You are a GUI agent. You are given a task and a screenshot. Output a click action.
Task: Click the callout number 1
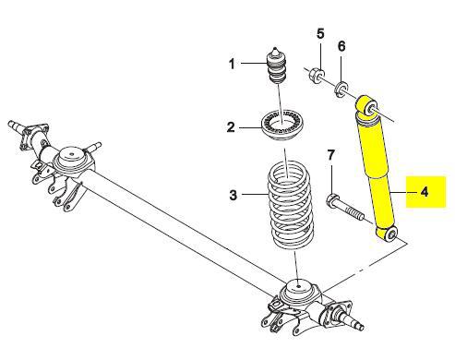232,64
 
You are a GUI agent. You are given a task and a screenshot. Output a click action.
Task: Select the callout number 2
231,127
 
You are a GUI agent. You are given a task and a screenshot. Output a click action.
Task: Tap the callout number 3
233,195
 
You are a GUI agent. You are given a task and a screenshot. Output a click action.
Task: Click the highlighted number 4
425,192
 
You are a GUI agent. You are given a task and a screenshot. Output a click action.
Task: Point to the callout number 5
320,34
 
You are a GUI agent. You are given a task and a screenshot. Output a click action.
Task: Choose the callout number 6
341,46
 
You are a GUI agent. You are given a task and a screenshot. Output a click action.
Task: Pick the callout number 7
330,155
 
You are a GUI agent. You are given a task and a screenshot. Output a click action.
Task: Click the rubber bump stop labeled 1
275,66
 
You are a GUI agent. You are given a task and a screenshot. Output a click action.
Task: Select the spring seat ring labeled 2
282,126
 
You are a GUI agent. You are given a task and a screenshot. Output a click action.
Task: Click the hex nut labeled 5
317,74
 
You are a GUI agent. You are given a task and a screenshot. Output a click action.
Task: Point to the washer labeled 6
341,88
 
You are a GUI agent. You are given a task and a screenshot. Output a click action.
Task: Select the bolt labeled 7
344,208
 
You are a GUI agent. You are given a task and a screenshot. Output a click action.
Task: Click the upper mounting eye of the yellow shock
367,108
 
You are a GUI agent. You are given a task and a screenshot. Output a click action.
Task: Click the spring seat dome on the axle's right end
298,292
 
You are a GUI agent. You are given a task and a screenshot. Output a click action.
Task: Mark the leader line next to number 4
402,192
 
